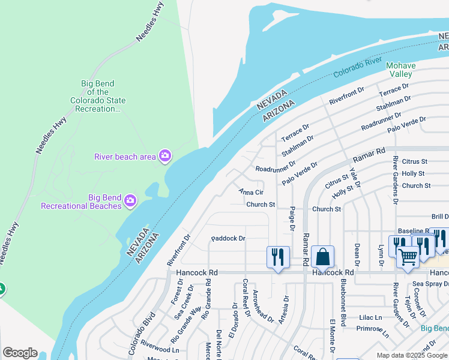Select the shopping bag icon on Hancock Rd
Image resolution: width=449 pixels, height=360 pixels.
click(322, 257)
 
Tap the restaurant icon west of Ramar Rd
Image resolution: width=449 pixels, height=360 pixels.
click(277, 257)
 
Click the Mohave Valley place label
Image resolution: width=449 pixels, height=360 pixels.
click(399, 69)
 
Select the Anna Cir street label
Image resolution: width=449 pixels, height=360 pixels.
click(251, 192)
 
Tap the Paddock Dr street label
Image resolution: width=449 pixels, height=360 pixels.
click(228, 238)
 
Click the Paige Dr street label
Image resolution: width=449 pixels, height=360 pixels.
click(292, 219)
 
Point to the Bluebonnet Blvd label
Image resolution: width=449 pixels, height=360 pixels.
click(343, 303)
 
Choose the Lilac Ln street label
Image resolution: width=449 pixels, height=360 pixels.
click(370, 317)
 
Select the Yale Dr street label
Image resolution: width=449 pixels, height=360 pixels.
click(355, 178)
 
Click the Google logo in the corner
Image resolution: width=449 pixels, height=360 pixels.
click(20, 353)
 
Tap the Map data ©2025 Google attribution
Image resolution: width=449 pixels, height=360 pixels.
click(412, 355)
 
